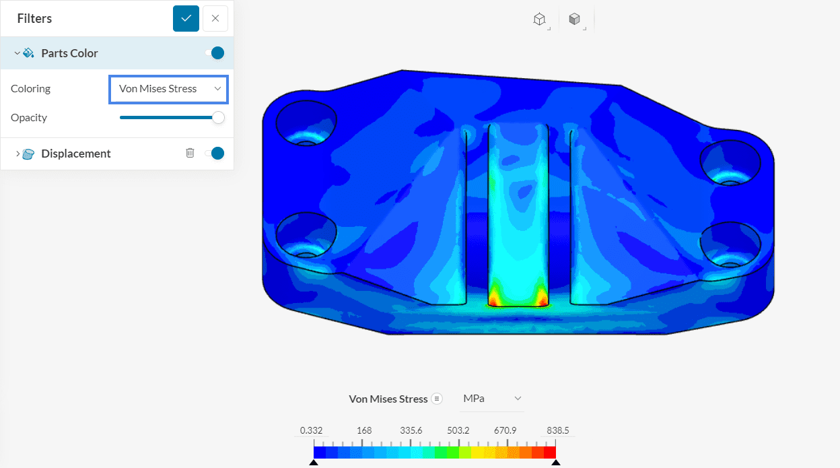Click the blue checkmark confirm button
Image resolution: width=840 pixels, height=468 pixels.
click(x=186, y=18)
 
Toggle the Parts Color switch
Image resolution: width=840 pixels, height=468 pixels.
click(x=215, y=53)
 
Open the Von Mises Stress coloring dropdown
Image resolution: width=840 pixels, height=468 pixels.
click(x=168, y=89)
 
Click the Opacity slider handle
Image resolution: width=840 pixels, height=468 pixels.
click(x=218, y=118)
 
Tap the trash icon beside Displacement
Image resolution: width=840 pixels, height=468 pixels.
click(x=190, y=154)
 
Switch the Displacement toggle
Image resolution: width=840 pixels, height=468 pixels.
click(x=215, y=154)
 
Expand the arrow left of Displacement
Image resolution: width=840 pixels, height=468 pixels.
click(x=17, y=154)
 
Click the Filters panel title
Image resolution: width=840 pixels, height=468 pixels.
click(x=34, y=19)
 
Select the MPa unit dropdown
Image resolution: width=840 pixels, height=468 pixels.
click(x=492, y=399)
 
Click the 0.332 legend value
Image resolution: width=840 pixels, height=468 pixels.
click(x=312, y=431)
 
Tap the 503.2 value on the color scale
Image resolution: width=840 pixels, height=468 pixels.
click(x=459, y=431)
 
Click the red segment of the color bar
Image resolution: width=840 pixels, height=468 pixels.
click(x=549, y=452)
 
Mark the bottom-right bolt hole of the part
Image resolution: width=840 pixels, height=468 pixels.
click(x=730, y=245)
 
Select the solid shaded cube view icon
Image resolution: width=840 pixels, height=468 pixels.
click(x=574, y=20)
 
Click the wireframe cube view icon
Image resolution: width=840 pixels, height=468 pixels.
click(x=539, y=20)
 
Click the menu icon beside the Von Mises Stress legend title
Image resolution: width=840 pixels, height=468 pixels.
click(x=437, y=399)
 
